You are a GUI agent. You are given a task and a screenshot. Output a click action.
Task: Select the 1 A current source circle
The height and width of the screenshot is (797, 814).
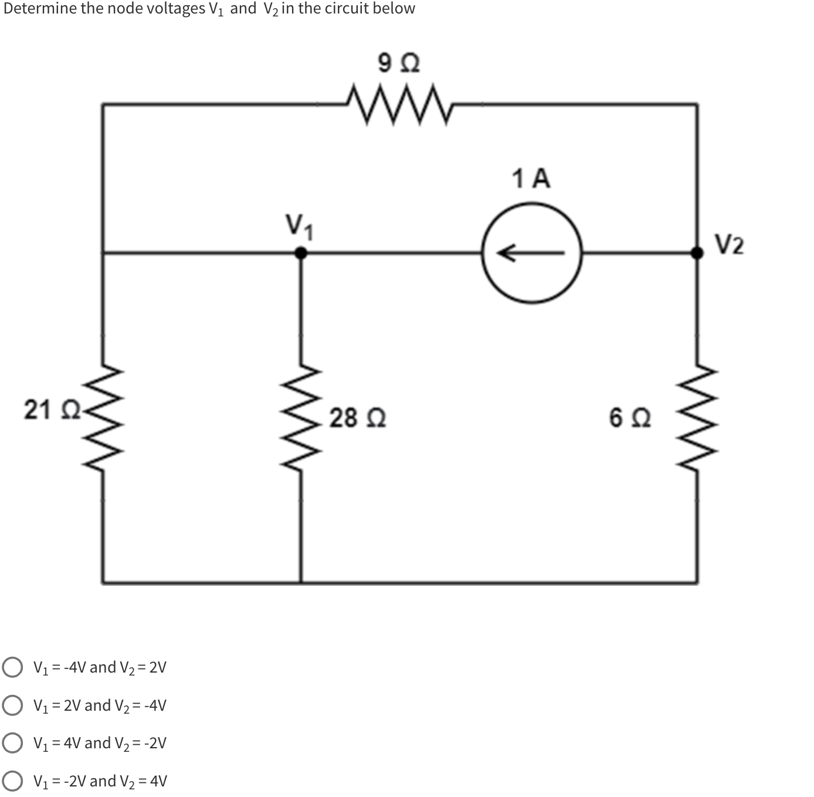(x=532, y=253)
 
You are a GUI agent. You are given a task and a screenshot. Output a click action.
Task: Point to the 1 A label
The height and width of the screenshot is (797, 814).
(x=531, y=178)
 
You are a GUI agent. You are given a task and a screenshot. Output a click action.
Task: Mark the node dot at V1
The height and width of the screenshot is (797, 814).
(x=301, y=253)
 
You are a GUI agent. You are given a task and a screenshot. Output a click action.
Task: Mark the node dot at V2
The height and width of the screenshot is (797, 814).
(x=697, y=253)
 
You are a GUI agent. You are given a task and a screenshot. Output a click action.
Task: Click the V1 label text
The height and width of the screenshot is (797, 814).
(x=300, y=227)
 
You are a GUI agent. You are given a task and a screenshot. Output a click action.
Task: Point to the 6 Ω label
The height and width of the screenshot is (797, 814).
(x=630, y=418)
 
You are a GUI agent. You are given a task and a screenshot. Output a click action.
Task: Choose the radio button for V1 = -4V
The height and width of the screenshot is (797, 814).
(x=12, y=667)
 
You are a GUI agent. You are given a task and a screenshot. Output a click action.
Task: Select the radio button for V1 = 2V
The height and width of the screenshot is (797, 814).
(x=12, y=705)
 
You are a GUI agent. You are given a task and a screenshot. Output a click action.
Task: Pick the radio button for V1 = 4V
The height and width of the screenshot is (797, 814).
(x=12, y=743)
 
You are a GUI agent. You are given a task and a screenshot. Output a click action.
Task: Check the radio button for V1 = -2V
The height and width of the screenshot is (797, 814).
(x=12, y=781)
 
